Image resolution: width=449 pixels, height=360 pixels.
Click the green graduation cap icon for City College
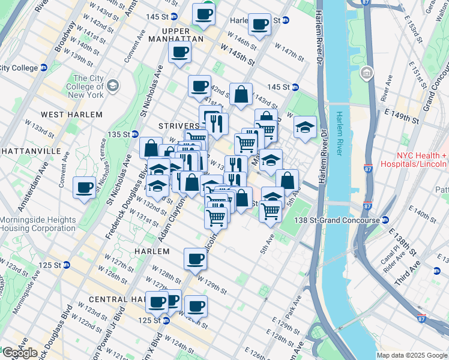point(112,87)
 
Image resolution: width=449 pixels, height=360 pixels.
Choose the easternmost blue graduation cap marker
point(305,127)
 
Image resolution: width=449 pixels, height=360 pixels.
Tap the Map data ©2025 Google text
point(412,355)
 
